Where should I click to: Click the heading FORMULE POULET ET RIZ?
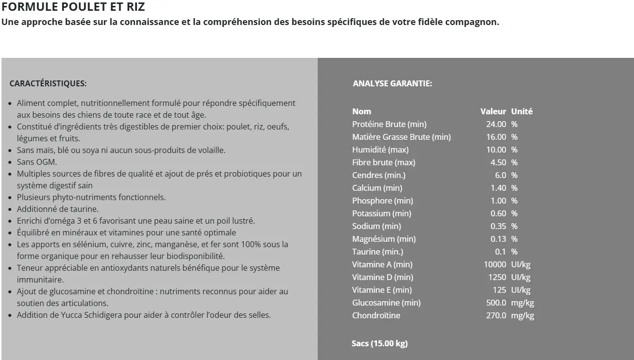point(74,7)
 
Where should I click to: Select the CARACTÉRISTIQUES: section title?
point(48,83)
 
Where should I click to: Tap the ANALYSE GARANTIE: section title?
point(392,83)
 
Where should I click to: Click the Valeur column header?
point(493,111)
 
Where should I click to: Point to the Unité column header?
point(522,111)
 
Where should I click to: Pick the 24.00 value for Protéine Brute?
point(496,124)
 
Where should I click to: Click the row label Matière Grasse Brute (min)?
point(401,137)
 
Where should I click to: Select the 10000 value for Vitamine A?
point(495,264)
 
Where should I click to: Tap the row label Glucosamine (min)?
point(386,303)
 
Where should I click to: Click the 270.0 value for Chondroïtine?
point(496,315)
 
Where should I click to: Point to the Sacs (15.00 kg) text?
point(380,343)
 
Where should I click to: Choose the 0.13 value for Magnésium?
point(498,239)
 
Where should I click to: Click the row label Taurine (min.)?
point(378,252)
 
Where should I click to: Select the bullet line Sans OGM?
point(37,162)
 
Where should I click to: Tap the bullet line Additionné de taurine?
point(58,209)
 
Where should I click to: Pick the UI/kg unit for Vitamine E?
point(521,290)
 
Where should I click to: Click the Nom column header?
point(361,111)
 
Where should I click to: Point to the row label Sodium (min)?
point(376,226)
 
